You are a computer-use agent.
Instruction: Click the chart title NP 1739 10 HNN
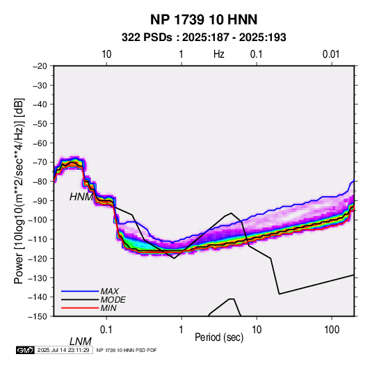204,19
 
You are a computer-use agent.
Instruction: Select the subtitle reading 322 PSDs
147,38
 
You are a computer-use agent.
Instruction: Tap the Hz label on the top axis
219,54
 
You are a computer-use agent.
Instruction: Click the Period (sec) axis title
219,337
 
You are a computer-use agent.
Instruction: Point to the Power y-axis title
19,191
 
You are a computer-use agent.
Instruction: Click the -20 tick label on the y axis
40,66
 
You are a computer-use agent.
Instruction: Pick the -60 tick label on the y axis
40,143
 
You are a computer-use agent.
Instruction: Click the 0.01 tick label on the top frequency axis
331,54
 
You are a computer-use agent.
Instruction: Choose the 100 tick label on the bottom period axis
332,330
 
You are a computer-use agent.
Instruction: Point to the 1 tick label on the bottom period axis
181,330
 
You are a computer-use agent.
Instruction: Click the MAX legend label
110,291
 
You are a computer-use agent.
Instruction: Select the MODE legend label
113,300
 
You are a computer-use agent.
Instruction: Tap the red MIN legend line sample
80,308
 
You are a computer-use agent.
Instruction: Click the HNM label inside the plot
81,197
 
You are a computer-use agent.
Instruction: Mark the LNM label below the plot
81,342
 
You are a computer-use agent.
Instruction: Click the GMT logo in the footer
26,350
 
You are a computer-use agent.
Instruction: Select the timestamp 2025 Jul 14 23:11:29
63,350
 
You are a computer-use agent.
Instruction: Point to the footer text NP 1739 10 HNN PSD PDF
127,350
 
